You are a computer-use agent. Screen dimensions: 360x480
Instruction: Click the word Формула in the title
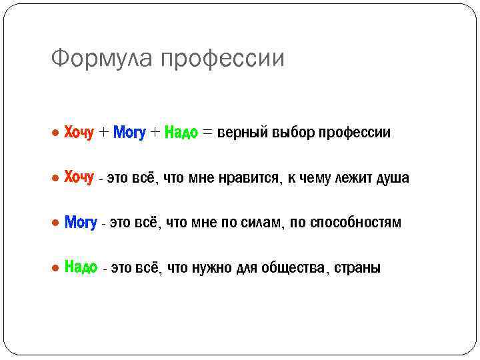[x=104, y=59]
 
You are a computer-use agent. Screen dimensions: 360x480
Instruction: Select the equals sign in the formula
[x=208, y=133]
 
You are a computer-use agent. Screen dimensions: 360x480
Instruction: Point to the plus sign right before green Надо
[x=155, y=133]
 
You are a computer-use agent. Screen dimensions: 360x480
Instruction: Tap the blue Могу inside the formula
[x=129, y=133]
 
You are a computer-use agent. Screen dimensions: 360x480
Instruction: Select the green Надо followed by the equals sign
[x=181, y=133]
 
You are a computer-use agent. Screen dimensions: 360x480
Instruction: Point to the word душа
[x=393, y=178]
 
